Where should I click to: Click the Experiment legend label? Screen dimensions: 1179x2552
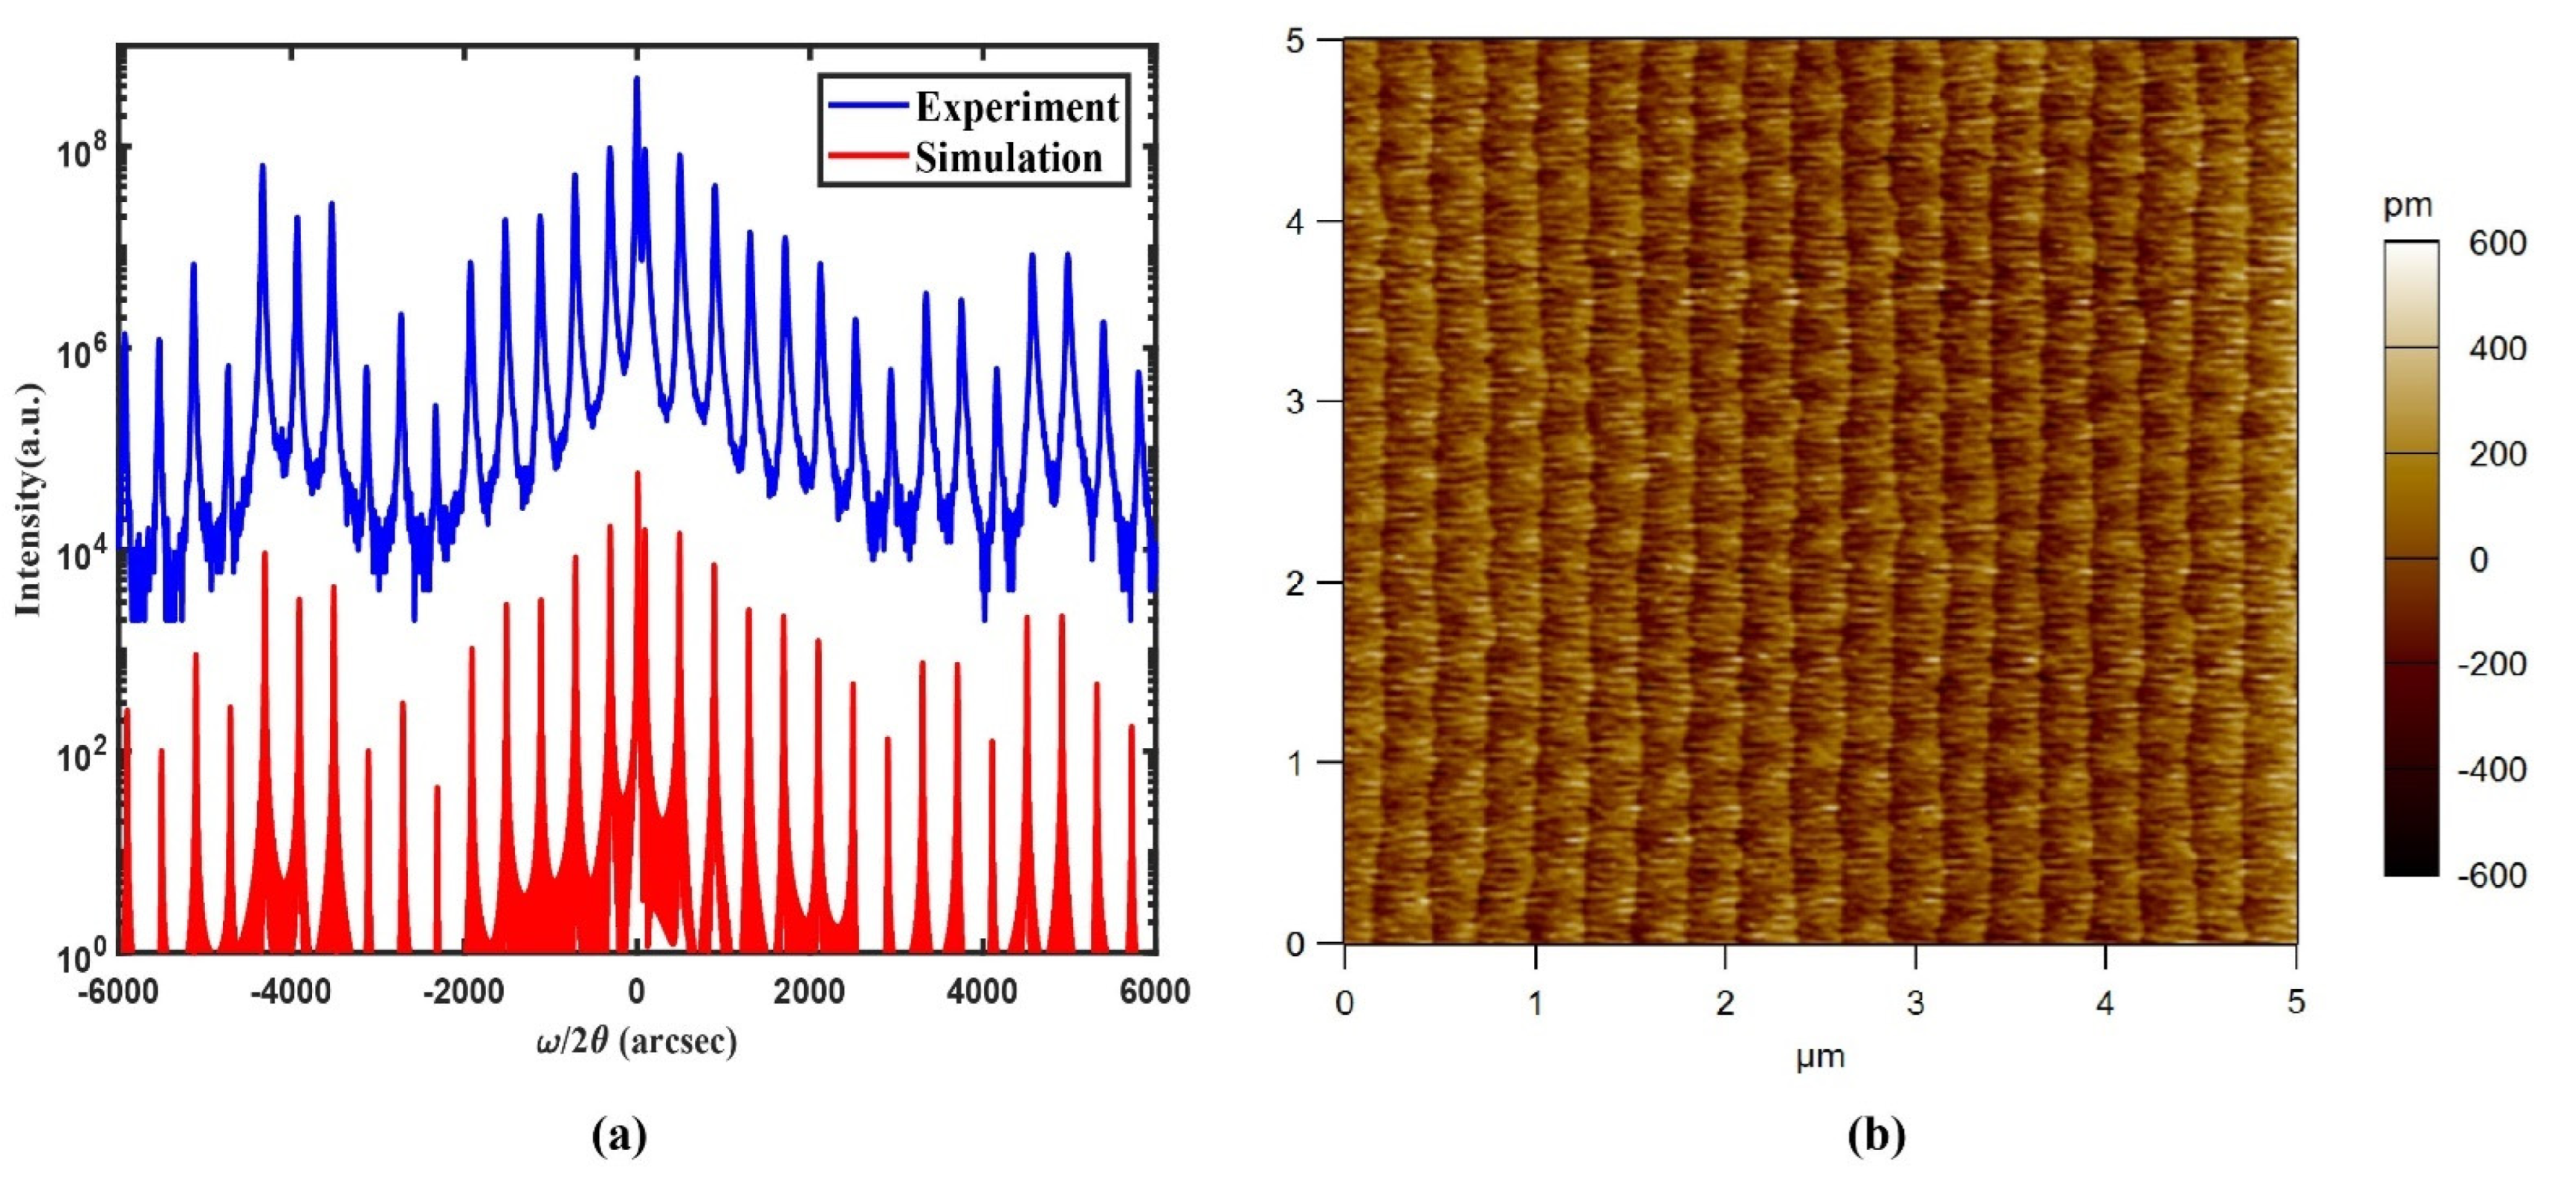point(1017,107)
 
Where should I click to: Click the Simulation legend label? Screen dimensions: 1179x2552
point(1008,158)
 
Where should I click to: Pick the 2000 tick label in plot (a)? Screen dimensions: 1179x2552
point(810,991)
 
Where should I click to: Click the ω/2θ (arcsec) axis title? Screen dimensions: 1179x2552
point(637,1042)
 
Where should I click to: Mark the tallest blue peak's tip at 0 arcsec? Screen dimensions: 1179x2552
point(637,78)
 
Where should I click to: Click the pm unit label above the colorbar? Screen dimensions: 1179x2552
point(2407,206)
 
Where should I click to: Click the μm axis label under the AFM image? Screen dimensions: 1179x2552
point(1820,1057)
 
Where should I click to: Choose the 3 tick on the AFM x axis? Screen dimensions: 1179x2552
point(1915,1004)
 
